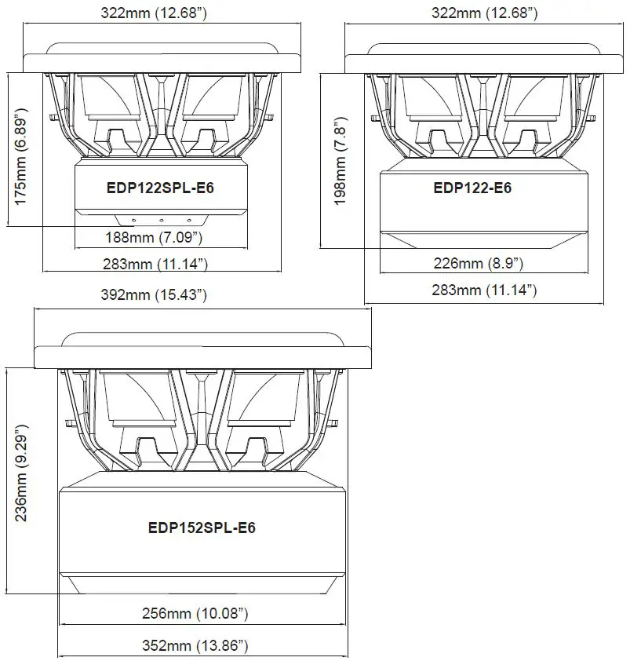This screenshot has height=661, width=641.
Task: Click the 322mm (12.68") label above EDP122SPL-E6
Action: coord(163,13)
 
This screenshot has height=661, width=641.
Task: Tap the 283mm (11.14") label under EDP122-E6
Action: coord(484,290)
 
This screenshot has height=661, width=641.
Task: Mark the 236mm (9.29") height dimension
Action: coord(22,481)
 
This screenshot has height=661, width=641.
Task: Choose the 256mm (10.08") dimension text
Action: coord(202,612)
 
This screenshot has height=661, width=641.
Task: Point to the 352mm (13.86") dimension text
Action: coord(202,646)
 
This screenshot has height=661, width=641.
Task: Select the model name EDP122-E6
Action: coord(472,188)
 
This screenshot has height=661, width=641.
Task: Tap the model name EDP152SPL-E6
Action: coord(202,528)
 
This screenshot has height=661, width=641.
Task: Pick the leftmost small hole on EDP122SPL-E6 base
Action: coord(134,221)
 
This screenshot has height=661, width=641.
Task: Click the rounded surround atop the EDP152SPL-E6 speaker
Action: coord(202,339)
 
